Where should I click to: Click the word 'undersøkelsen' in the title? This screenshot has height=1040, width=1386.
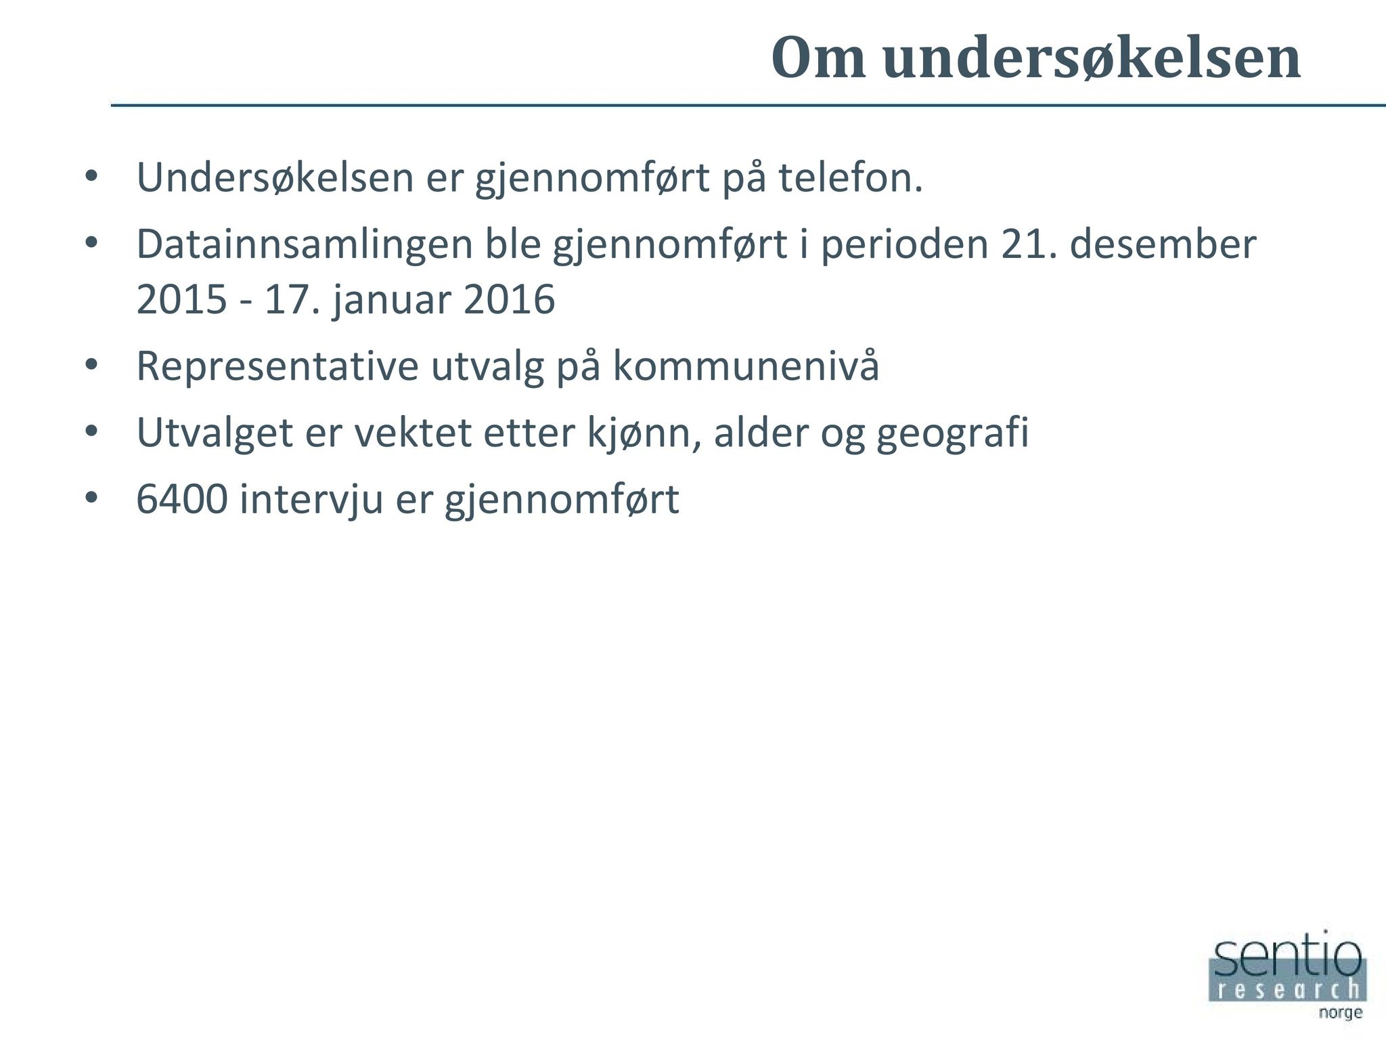[1092, 58]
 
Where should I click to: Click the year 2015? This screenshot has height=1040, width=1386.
[181, 300]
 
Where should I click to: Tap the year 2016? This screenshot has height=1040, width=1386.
[510, 300]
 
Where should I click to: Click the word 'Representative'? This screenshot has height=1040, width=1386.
[278, 366]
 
